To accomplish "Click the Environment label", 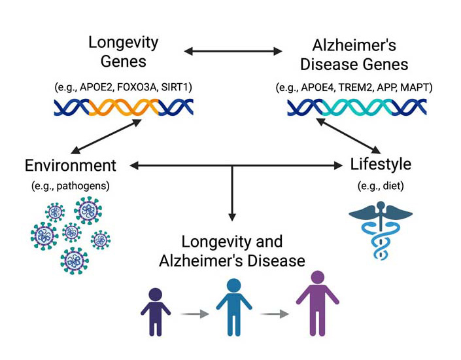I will click(71, 166).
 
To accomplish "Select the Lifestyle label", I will click(382, 164).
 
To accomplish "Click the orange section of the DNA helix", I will click(124, 107).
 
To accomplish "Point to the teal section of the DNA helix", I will click(356, 107).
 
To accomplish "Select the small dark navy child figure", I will click(155, 310).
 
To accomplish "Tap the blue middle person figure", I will click(233, 304).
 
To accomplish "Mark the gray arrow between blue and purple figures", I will click(274, 314).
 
